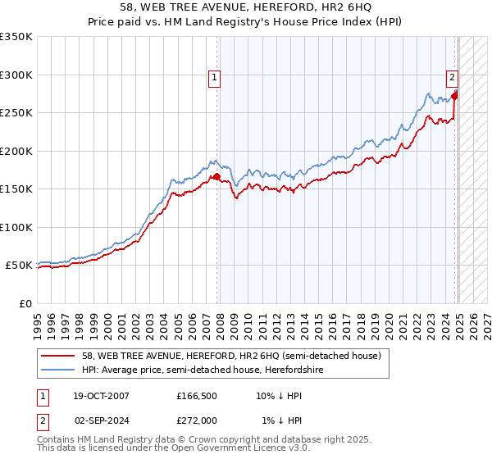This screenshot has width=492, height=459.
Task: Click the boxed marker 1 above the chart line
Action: pos(213,78)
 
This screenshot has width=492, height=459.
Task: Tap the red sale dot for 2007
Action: pos(217,176)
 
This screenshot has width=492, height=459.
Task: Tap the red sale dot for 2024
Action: pos(455,96)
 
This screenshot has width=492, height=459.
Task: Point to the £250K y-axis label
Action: pos(16,112)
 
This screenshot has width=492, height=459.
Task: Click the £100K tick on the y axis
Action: pos(16,227)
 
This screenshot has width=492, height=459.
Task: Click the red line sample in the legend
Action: pos(59,356)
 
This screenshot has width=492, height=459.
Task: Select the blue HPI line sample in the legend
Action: pos(59,370)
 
